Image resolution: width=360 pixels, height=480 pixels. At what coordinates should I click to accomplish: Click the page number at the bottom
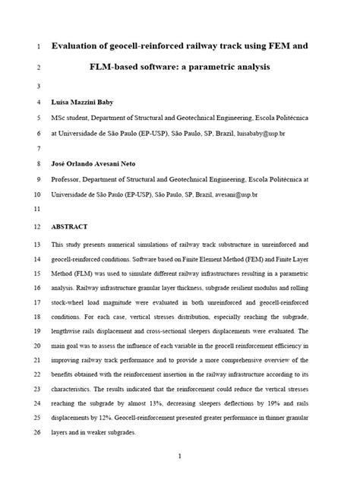point(178,456)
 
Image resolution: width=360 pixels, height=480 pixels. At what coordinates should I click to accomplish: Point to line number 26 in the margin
point(38,434)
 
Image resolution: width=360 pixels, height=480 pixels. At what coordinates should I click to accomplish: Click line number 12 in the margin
point(38,226)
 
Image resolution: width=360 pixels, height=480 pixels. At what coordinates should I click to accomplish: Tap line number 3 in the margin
point(39,85)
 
